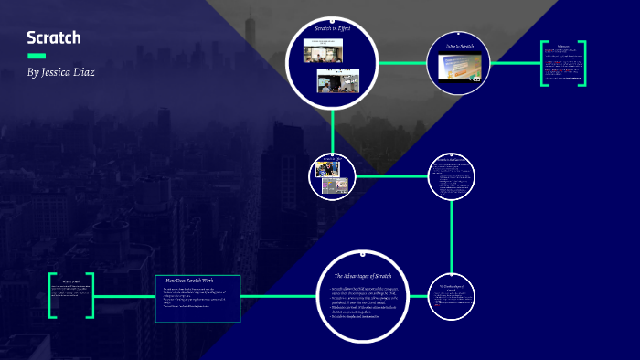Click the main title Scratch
(54, 37)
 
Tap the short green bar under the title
(37, 56)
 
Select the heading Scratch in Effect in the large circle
(333, 29)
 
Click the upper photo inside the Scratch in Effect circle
(326, 53)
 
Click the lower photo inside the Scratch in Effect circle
(335, 82)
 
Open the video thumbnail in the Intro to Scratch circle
(461, 68)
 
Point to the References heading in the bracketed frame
(563, 44)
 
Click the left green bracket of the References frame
(545, 63)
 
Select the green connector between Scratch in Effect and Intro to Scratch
(402, 63)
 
